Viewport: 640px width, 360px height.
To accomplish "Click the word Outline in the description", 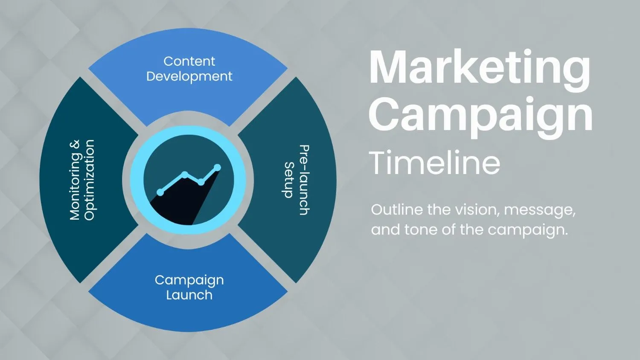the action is [x=396, y=209].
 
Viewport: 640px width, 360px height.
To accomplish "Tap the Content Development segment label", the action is [x=189, y=69].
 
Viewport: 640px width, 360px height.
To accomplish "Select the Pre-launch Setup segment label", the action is [x=296, y=180].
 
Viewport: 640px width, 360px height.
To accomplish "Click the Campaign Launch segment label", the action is [x=189, y=287].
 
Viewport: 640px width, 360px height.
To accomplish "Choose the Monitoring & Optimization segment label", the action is [x=82, y=180].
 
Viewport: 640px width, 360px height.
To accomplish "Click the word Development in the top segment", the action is [x=189, y=77].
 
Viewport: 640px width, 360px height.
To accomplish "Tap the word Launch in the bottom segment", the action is [x=189, y=295].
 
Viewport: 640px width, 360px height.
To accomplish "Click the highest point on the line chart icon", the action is [x=218, y=167].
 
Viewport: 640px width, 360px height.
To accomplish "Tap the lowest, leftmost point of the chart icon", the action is [x=160, y=192].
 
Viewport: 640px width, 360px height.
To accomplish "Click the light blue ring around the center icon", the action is [x=137, y=180].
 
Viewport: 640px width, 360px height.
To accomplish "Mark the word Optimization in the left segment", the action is [x=89, y=180].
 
